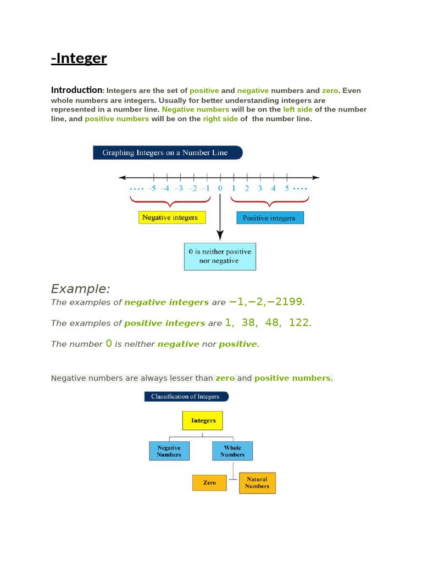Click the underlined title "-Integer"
point(79,59)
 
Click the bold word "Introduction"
point(76,90)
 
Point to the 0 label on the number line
point(220,189)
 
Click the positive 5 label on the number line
point(286,189)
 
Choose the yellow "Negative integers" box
point(172,218)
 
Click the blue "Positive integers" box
point(270,218)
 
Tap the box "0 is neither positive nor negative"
point(220,256)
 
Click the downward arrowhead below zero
point(220,235)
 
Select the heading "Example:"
point(81,289)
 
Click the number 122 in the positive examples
point(299,323)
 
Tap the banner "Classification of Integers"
point(186,396)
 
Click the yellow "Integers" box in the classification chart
point(203,421)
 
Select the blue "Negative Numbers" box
point(169,451)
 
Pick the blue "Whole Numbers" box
point(232,451)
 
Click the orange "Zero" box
point(209,482)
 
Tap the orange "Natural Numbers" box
point(257,483)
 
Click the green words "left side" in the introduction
point(298,110)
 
